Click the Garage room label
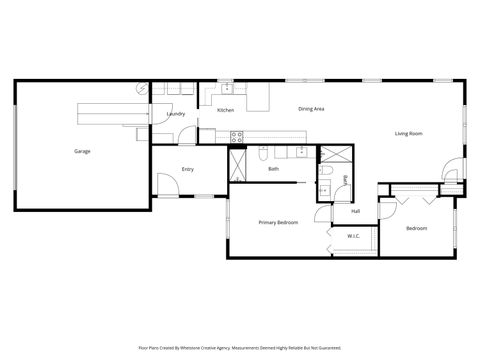82,152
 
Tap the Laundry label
176,115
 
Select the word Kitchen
226,109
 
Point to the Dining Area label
311,108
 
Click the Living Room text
408,133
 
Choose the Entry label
187,169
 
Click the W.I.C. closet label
353,236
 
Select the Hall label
355,211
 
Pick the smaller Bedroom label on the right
416,229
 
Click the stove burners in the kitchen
236,135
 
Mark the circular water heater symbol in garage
142,89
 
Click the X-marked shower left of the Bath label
237,163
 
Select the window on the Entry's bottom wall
205,197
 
